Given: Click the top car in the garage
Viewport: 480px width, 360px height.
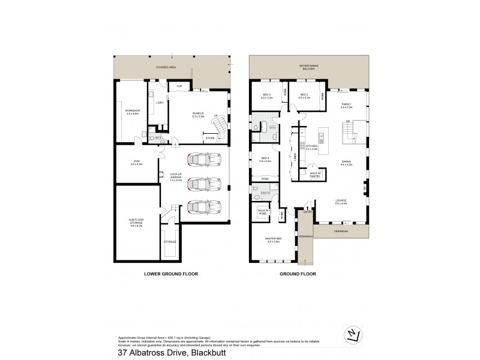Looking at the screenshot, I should pyautogui.click(x=199, y=160).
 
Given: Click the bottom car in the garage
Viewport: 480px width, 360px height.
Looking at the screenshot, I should pyautogui.click(x=199, y=206).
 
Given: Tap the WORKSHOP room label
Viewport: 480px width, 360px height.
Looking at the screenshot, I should pyautogui.click(x=132, y=112).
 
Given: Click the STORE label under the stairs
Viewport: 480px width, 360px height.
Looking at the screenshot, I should pyautogui.click(x=209, y=139).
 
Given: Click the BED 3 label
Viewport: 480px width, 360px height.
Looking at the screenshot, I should pyautogui.click(x=267, y=95).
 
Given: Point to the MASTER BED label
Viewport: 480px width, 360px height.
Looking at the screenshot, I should pyautogui.click(x=273, y=240).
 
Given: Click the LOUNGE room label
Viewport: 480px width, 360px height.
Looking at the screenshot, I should pyautogui.click(x=341, y=202).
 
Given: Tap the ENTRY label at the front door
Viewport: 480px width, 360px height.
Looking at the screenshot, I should pyautogui.click(x=307, y=212).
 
